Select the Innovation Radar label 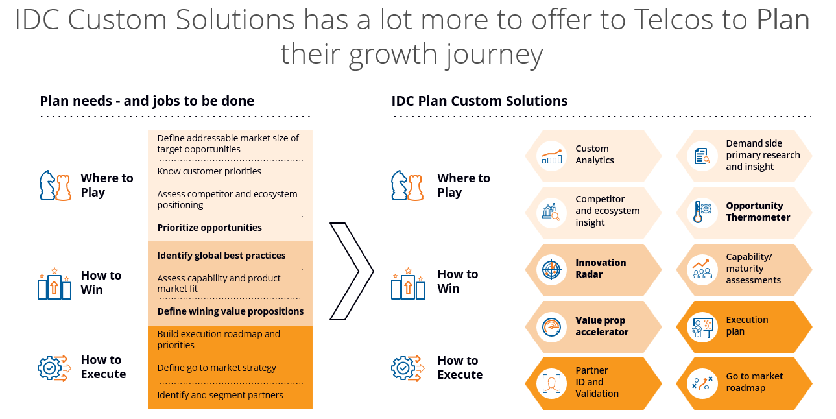(x=601, y=269)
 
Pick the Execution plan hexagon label (x=746, y=326)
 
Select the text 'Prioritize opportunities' (x=209, y=228)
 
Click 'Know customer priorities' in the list (x=209, y=171)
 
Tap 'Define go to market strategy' (x=217, y=368)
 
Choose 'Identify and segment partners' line (x=220, y=395)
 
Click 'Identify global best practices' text (x=221, y=256)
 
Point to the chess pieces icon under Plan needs (x=55, y=186)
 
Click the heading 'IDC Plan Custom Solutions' (x=479, y=101)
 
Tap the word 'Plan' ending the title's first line (x=783, y=20)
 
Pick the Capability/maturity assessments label (x=753, y=269)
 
